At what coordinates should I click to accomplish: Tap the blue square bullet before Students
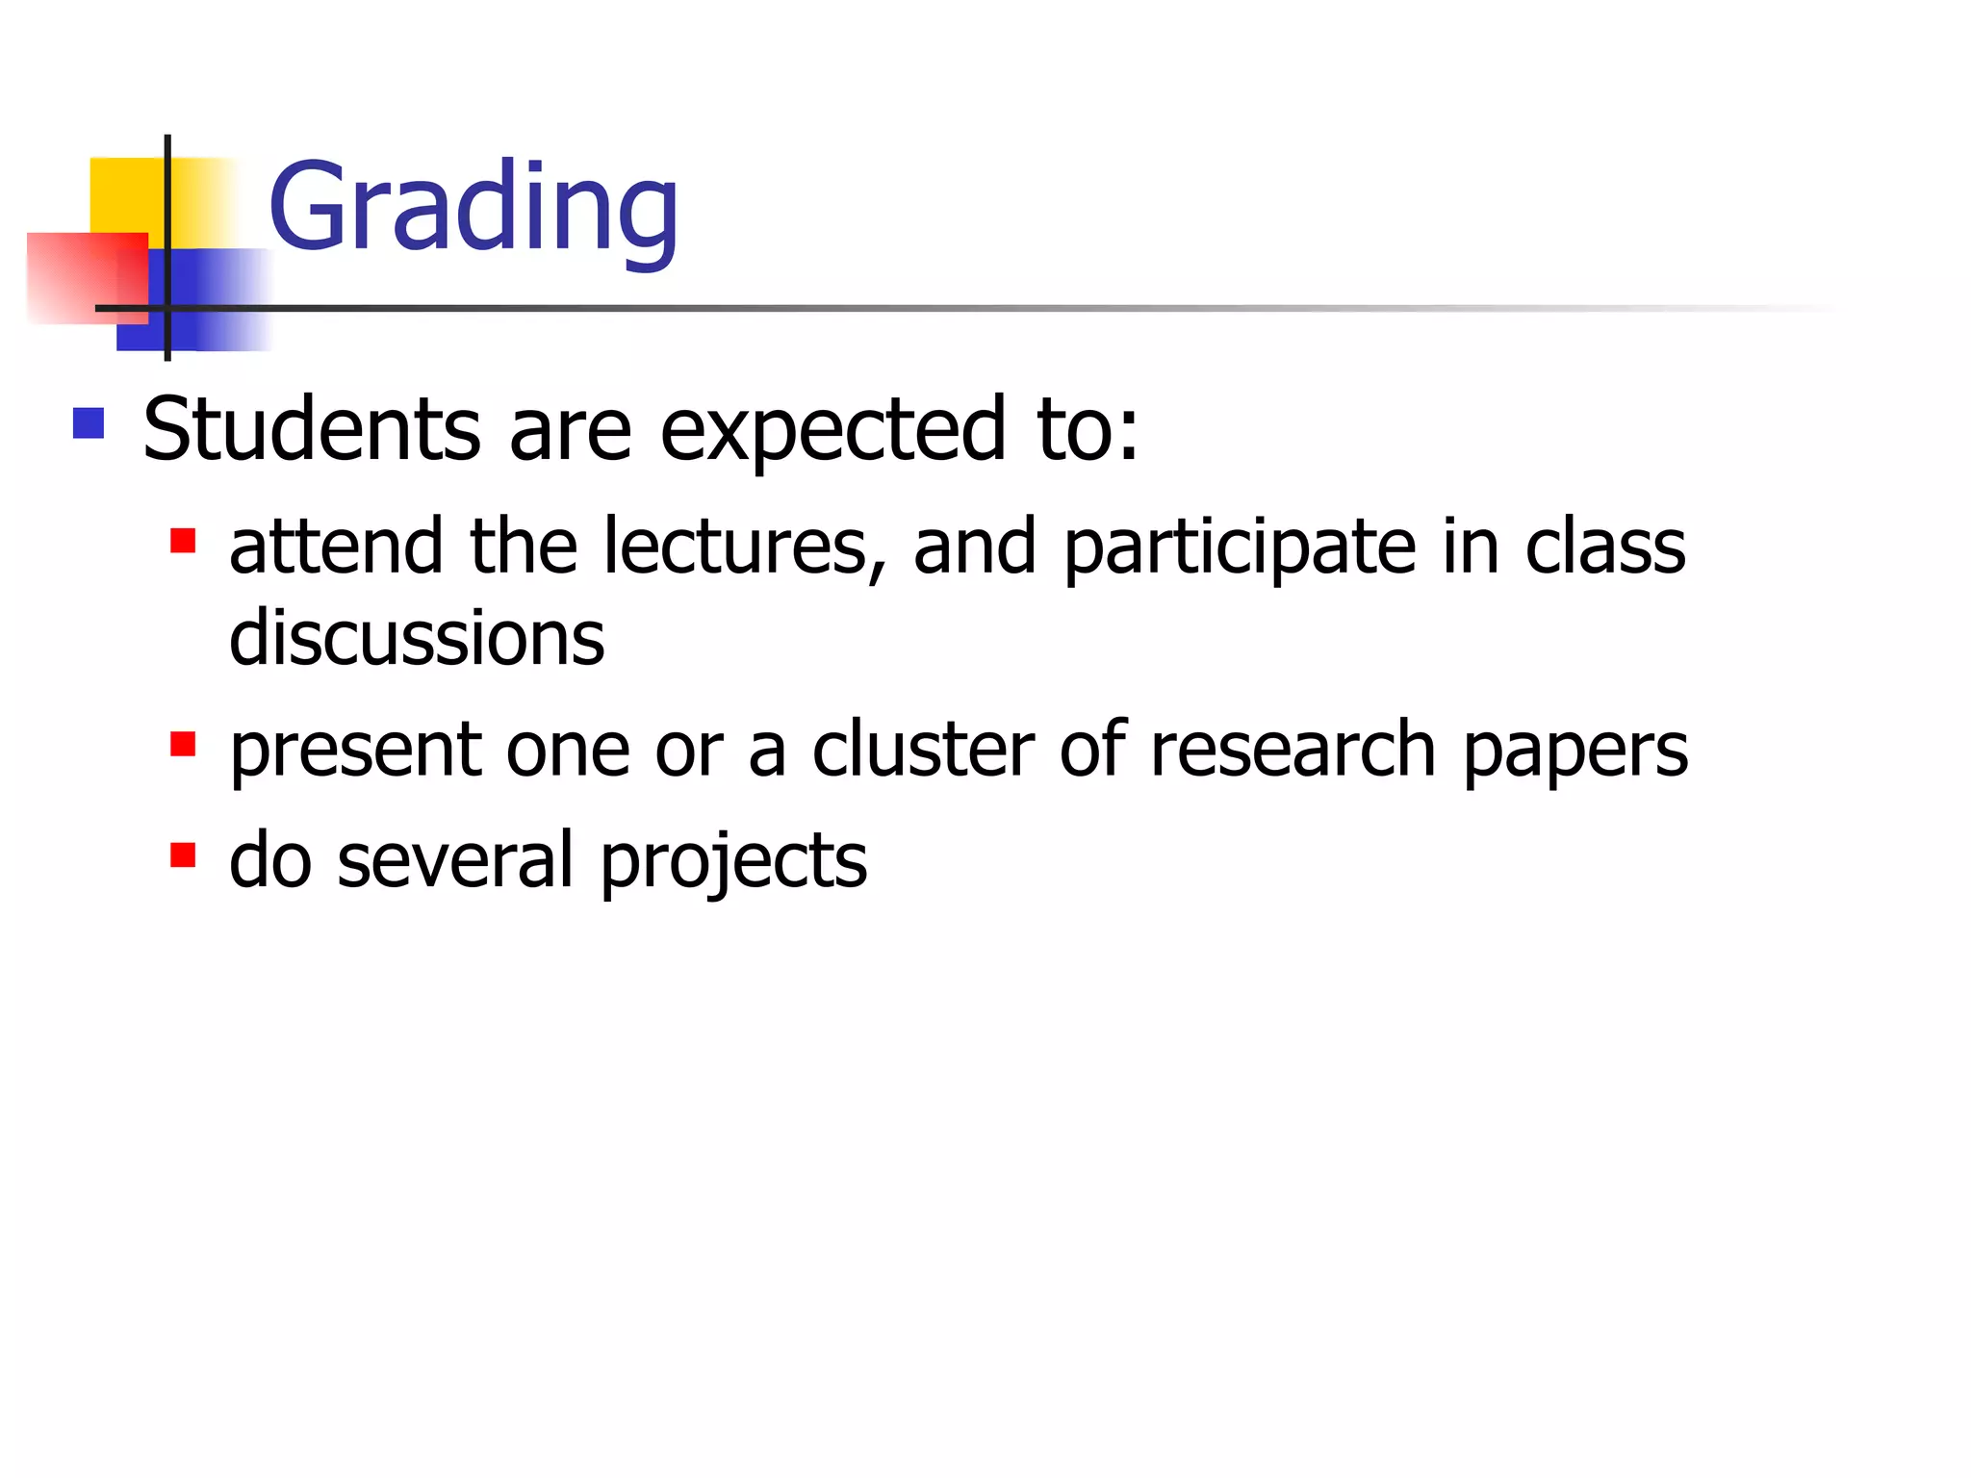coord(89,423)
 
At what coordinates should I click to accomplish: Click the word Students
coord(312,429)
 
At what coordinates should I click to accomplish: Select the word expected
coord(833,431)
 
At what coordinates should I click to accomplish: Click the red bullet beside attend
coord(183,541)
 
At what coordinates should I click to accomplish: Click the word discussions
coord(417,638)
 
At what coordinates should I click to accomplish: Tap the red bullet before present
coord(183,745)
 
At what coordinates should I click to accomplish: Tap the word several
coord(455,859)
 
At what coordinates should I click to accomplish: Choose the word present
coord(355,751)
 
